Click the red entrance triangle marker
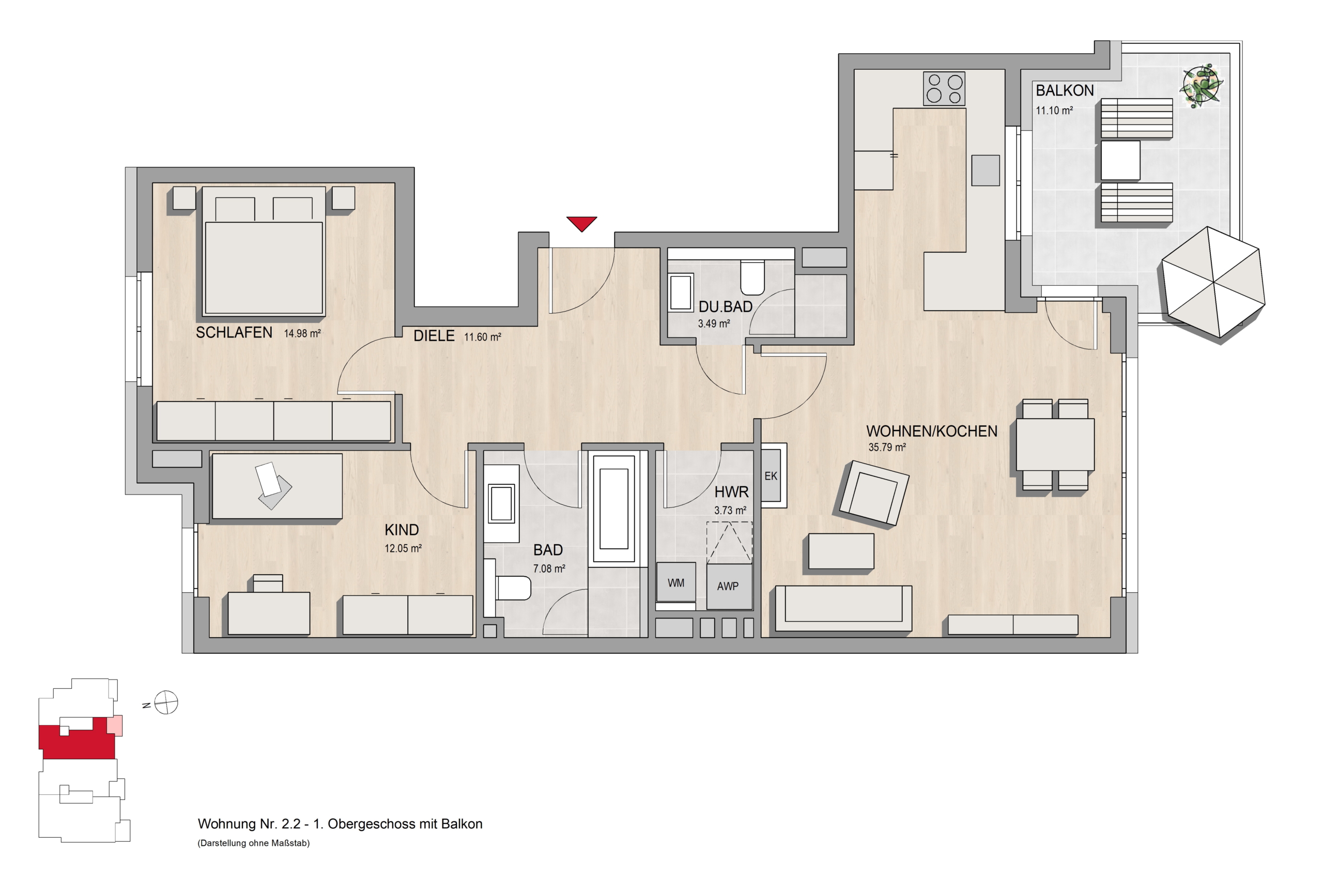tap(581, 223)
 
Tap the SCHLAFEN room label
tap(234, 333)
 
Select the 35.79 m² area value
tap(887, 448)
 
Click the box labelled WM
tap(676, 583)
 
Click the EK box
tap(771, 476)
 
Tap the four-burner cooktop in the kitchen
tap(944, 88)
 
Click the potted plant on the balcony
tap(1201, 86)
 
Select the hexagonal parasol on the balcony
tap(1213, 282)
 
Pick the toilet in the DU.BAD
tap(752, 277)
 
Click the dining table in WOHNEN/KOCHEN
tap(1055, 444)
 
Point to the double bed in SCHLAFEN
tap(263, 251)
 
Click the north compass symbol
tap(166, 702)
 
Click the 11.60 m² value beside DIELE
tap(482, 337)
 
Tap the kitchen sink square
tap(986, 170)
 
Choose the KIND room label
tap(402, 530)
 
